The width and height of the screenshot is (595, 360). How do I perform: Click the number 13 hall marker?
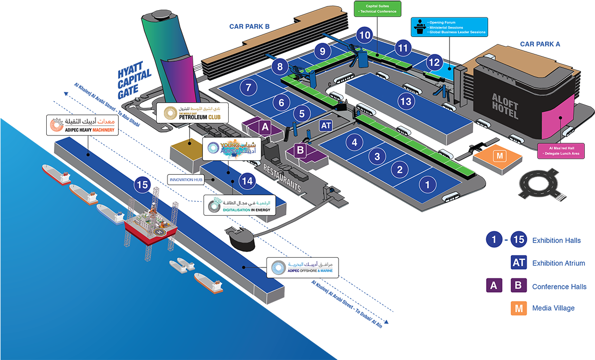tap(406, 101)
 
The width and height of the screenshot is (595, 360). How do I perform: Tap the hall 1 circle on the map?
tap(427, 183)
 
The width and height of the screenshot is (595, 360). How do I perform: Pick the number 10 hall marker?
tap(364, 35)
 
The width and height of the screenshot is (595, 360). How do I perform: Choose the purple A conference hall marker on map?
tap(265, 126)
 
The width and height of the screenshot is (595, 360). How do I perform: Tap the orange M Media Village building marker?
tap(498, 156)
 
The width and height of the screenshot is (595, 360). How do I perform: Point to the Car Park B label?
tap(250, 26)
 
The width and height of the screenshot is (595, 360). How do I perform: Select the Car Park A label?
tap(540, 44)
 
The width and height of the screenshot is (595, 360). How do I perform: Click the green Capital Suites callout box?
tap(377, 9)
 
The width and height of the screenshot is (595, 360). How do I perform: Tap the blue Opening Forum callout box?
tap(449, 27)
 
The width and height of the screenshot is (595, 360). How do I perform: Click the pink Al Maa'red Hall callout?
tap(561, 150)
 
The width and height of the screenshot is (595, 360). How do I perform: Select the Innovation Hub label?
tap(185, 180)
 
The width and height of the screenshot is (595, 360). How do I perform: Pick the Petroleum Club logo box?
tap(192, 113)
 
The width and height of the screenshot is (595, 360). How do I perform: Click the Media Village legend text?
tap(553, 308)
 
